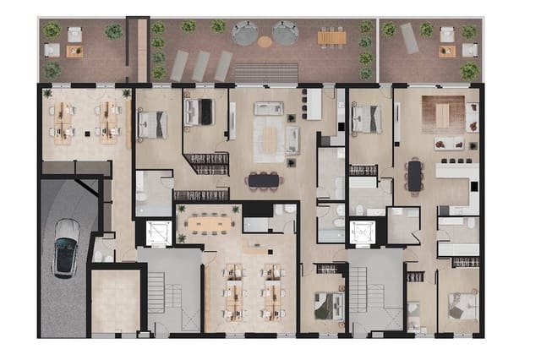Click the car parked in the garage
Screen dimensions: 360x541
[x=66, y=248]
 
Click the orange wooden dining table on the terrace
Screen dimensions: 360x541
[x=332, y=37]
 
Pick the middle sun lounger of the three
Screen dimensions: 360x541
[x=201, y=64]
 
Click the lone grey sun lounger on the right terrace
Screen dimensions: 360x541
[x=409, y=38]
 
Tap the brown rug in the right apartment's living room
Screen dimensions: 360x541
[x=443, y=110]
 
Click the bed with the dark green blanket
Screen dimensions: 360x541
[x=325, y=303]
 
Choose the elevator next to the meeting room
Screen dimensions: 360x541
[x=159, y=232]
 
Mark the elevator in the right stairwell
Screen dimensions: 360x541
[x=363, y=232]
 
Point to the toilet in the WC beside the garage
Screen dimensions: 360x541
[x=99, y=253]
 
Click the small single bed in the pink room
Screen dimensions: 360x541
[x=415, y=314]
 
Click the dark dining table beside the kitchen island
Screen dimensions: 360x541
[x=414, y=176]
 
